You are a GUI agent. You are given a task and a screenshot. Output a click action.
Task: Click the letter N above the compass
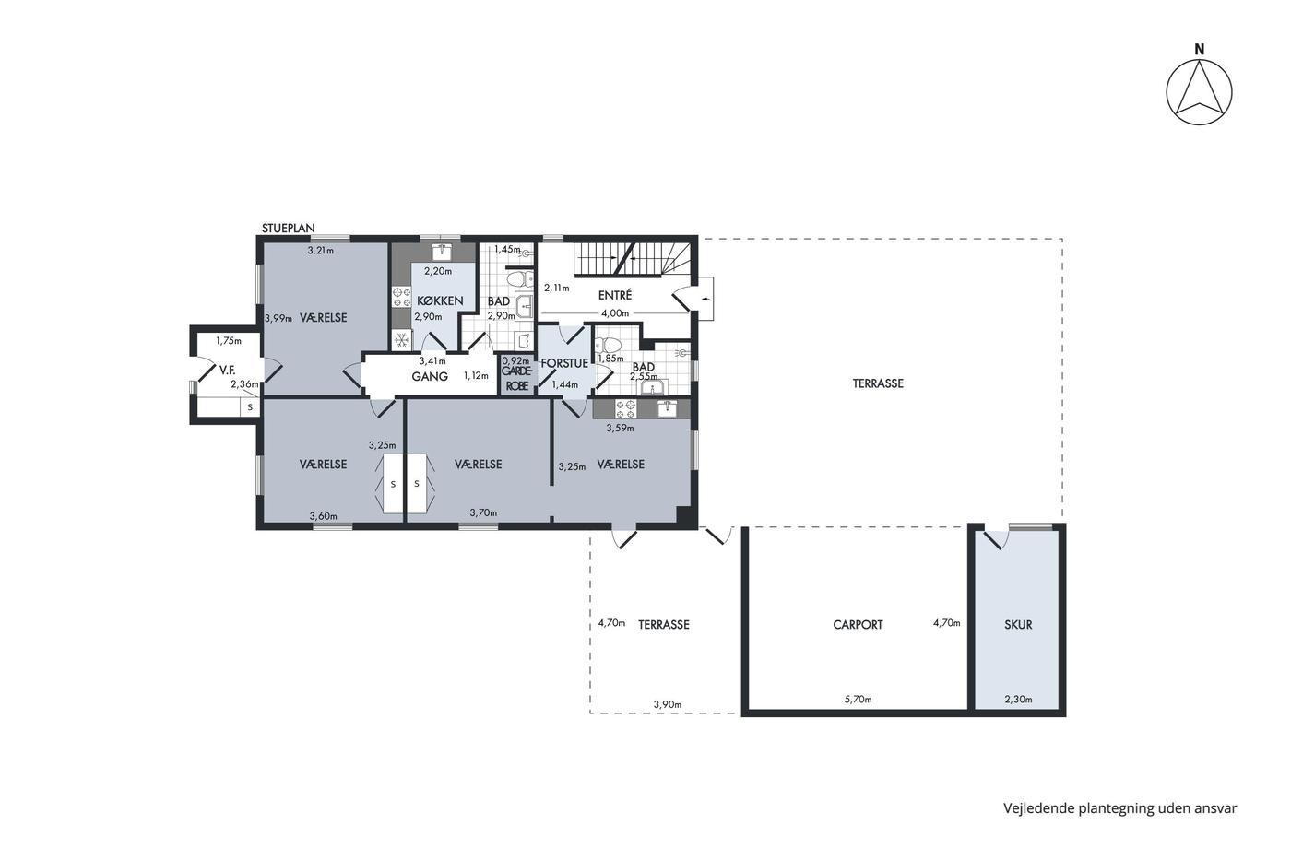tap(1199, 50)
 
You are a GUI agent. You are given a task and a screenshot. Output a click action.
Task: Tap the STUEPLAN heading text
tap(288, 228)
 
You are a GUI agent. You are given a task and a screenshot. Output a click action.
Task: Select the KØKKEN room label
tap(440, 300)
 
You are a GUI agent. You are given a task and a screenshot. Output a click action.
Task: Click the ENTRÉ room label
tap(615, 295)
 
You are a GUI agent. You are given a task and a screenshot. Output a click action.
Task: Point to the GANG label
tap(430, 377)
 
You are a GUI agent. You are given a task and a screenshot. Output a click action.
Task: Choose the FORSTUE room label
tap(564, 363)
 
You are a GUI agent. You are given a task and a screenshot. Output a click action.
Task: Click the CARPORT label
tap(858, 624)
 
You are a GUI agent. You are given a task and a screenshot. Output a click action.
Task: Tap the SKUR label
tap(1018, 624)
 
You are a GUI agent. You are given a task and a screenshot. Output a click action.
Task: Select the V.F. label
tap(227, 371)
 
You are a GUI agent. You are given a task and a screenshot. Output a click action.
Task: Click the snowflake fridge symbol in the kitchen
tap(401, 340)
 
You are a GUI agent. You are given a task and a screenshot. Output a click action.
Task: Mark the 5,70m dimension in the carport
tap(858, 700)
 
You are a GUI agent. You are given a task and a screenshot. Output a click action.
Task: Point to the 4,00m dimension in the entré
tap(615, 313)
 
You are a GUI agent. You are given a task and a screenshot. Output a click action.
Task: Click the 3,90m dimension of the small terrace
tap(668, 704)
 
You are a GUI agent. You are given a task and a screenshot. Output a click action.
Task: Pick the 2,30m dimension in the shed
tap(1018, 700)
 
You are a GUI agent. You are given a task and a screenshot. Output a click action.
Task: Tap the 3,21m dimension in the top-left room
tap(321, 251)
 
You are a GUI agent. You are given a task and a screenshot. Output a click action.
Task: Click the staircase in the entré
tap(633, 258)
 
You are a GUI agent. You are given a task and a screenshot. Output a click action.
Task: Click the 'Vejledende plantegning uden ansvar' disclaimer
tap(1119, 808)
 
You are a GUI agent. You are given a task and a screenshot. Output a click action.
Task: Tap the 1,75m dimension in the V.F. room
tap(229, 341)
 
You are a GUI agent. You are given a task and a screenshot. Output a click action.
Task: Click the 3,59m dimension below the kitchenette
tap(620, 428)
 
